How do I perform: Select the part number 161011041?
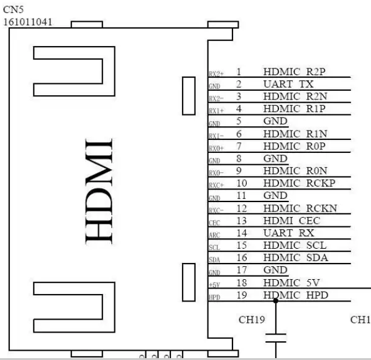click(x=28, y=22)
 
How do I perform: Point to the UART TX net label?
click(x=288, y=84)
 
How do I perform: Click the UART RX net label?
click(x=289, y=233)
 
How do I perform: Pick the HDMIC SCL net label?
click(x=295, y=245)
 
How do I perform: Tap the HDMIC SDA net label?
click(x=296, y=257)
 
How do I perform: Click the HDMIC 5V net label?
click(x=292, y=282)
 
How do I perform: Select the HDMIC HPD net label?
click(x=295, y=295)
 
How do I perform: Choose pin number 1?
click(x=238, y=72)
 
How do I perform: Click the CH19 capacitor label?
click(x=252, y=320)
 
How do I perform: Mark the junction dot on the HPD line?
click(x=274, y=300)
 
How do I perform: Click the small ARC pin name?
click(x=214, y=234)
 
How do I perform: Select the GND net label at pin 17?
click(x=275, y=270)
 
